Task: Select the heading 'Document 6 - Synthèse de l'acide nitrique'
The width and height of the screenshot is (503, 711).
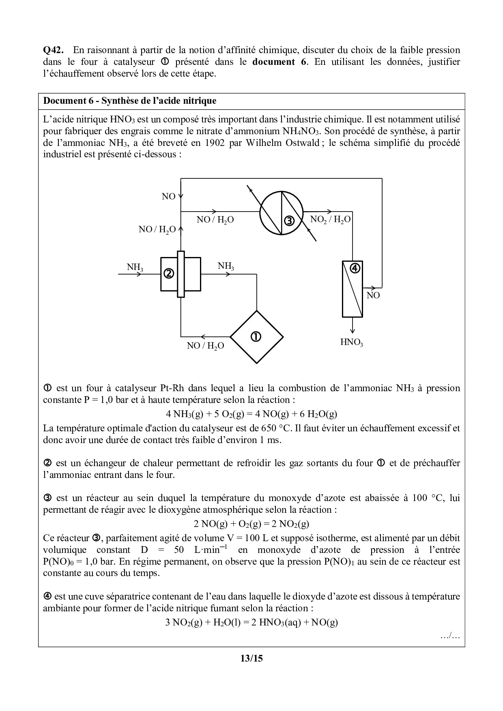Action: pyautogui.click(x=130, y=101)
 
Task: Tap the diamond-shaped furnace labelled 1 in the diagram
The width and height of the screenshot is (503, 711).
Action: pyautogui.click(x=256, y=337)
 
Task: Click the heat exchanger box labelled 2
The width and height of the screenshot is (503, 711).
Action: pyautogui.click(x=169, y=274)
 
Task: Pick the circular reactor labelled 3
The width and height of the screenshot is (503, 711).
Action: pyautogui.click(x=281, y=213)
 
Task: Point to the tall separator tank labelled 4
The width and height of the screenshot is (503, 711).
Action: pyautogui.click(x=352, y=289)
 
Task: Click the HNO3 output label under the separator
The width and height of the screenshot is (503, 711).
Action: pyautogui.click(x=351, y=343)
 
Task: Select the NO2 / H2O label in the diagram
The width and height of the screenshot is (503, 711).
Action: pyautogui.click(x=330, y=220)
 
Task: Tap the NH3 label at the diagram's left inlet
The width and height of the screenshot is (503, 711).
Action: pyautogui.click(x=135, y=267)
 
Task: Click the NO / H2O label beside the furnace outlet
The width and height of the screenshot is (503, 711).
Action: pyautogui.click(x=205, y=346)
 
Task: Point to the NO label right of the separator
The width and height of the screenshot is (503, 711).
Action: pyautogui.click(x=373, y=296)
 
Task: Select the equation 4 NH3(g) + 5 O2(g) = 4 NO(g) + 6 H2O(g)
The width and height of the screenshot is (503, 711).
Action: pyautogui.click(x=251, y=414)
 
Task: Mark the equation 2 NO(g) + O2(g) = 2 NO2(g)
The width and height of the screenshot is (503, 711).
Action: pyautogui.click(x=251, y=524)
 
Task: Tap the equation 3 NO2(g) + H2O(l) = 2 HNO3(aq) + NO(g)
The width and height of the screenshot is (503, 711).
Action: pyautogui.click(x=251, y=622)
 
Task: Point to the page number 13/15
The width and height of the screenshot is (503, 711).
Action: pyautogui.click(x=251, y=658)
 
